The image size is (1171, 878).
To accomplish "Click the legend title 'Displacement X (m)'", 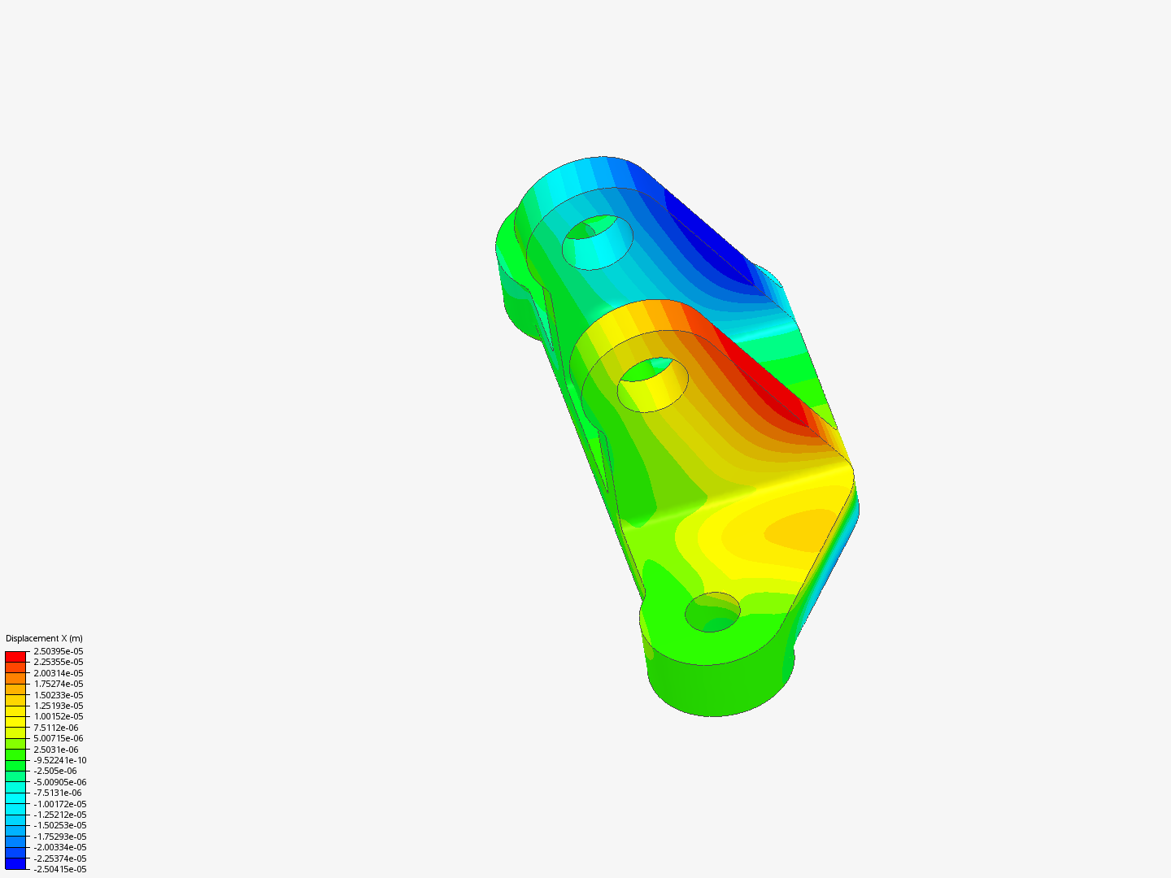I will [44, 638].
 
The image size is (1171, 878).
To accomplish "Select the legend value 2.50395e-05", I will [58, 651].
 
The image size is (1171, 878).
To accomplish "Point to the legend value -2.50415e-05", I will [59, 869].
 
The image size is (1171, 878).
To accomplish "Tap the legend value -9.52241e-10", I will [59, 760].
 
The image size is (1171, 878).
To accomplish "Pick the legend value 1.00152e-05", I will [58, 716].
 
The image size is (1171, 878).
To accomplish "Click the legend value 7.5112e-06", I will [55, 728].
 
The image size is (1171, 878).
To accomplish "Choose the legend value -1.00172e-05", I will [59, 804].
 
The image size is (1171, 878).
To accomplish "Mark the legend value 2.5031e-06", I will [55, 750].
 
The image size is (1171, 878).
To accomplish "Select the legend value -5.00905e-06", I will [59, 782].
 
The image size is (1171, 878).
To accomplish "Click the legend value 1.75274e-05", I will [58, 684].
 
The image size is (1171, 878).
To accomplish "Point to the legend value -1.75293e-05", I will [59, 837].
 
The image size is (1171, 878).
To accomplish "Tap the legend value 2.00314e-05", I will [58, 673].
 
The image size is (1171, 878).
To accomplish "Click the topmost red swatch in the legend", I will [15, 656].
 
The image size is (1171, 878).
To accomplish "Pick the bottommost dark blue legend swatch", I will [15, 864].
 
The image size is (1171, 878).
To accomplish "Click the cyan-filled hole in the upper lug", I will [599, 242].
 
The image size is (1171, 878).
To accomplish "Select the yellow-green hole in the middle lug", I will [653, 385].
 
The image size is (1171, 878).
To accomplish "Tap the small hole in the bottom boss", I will [712, 612].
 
